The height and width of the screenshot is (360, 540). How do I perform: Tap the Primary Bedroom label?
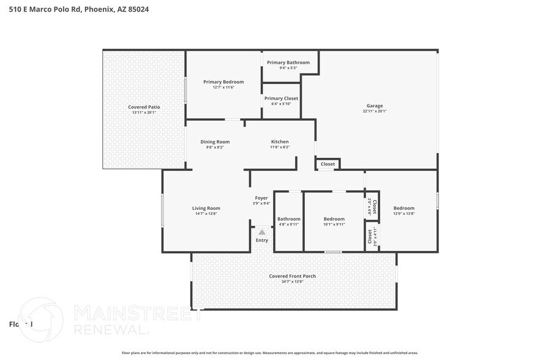(x=223, y=82)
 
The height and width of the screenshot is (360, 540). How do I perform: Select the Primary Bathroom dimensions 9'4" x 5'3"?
(x=288, y=68)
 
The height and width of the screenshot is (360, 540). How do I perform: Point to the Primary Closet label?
(x=281, y=98)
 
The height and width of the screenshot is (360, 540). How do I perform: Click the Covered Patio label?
(x=144, y=107)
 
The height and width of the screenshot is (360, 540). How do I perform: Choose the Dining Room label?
(x=215, y=142)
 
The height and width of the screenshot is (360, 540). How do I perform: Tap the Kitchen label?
(x=280, y=142)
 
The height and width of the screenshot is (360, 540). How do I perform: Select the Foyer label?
(x=261, y=198)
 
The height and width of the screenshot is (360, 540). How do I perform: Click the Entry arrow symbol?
(x=262, y=232)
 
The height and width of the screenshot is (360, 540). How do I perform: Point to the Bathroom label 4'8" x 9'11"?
(x=289, y=219)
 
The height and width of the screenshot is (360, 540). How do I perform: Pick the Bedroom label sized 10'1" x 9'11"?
(x=334, y=219)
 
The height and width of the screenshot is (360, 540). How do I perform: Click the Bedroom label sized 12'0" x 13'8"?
(x=403, y=208)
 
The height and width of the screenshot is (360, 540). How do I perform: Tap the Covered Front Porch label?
(x=293, y=276)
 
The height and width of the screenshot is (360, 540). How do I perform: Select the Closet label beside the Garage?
(x=328, y=164)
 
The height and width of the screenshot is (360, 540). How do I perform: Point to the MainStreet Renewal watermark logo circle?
(x=41, y=319)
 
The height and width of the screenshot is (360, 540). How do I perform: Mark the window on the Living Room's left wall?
(x=162, y=211)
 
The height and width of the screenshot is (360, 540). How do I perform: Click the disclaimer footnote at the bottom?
(x=270, y=353)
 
